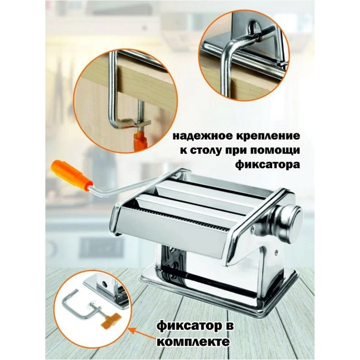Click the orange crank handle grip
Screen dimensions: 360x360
pyautogui.click(x=72, y=174)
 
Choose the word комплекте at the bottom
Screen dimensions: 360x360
pyautogui.click(x=194, y=341)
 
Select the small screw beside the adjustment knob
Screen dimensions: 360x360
pyautogui.click(x=253, y=229)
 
